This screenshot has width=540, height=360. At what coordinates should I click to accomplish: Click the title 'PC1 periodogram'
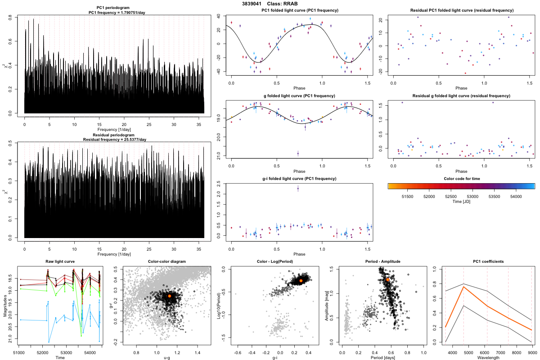coord(115,9)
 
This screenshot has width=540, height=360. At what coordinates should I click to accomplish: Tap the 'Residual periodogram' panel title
coord(115,135)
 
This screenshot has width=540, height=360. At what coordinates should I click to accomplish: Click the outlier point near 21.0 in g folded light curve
coord(298,154)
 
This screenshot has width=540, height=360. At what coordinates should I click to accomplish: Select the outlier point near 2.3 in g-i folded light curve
coord(298,189)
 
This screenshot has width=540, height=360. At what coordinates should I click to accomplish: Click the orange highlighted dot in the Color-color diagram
coord(169,296)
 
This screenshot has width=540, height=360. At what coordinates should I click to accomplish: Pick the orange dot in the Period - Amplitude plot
coord(387,279)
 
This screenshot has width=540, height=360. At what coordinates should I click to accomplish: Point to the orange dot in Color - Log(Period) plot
coord(301,281)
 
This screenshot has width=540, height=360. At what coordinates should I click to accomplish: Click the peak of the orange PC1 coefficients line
coord(463,287)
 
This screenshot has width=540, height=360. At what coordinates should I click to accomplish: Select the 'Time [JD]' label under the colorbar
coord(461,202)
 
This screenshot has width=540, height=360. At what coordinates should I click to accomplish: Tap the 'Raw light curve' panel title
coord(60,262)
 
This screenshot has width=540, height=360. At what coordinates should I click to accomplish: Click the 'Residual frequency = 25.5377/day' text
coord(115,139)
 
